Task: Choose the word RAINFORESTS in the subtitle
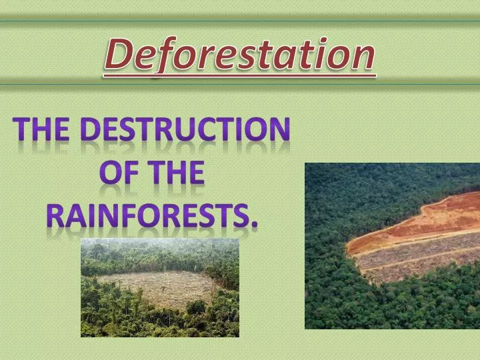(148, 215)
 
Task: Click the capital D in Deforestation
(119, 55)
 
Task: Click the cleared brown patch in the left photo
(163, 287)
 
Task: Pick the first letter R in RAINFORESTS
(55, 215)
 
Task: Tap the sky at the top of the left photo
(160, 243)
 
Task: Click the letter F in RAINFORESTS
(133, 215)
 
